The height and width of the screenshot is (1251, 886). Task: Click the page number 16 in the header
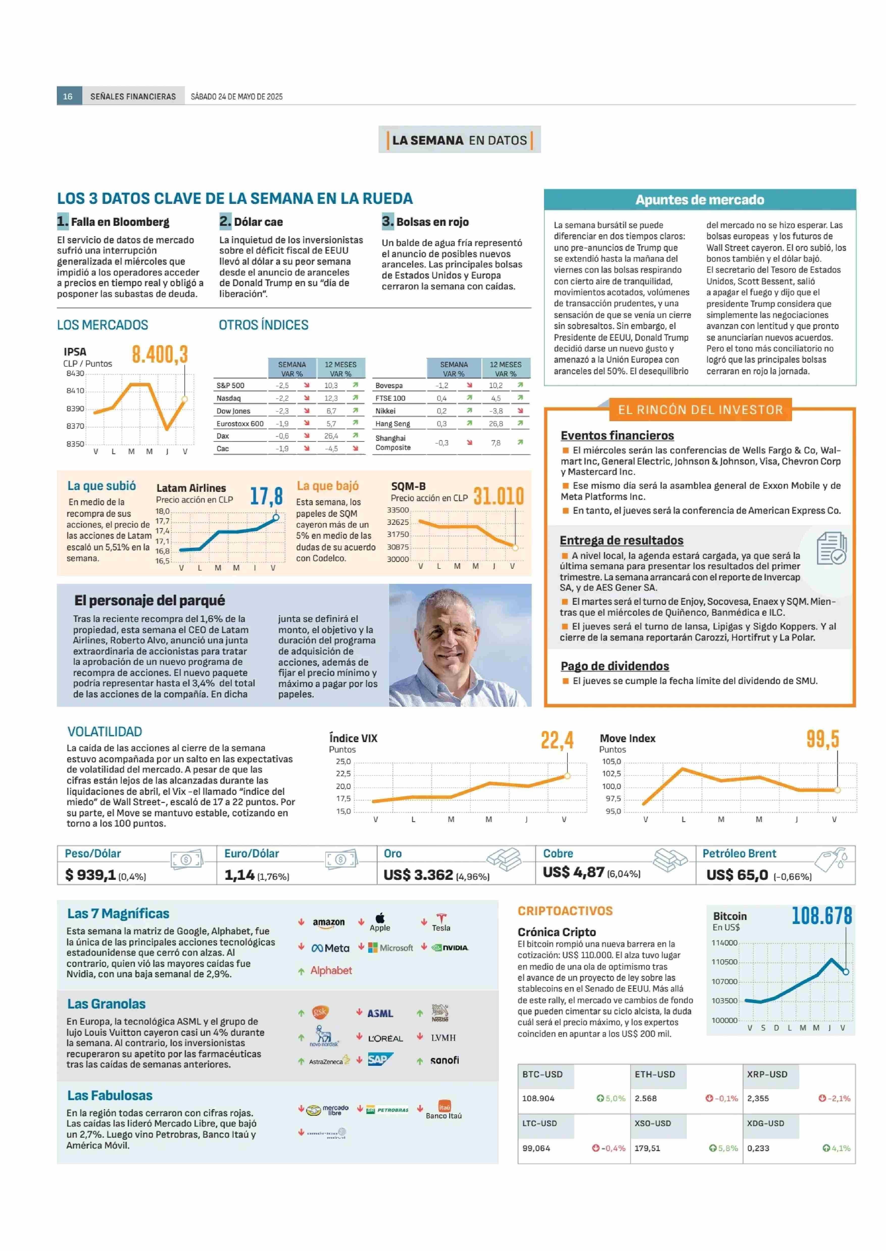click(68, 96)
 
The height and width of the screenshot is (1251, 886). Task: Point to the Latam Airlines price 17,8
click(266, 496)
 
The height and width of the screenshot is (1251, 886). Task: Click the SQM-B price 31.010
click(498, 496)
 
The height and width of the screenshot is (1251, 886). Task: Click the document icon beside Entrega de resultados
click(831, 548)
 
